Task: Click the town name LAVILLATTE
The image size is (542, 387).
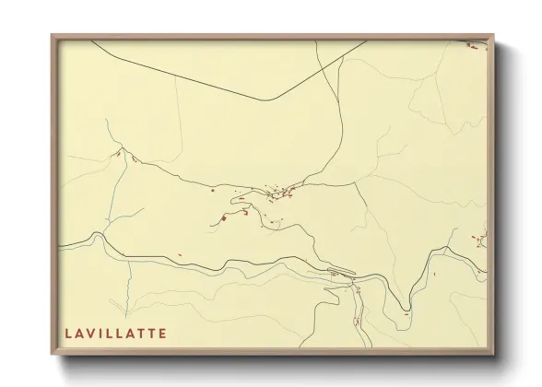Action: pyautogui.click(x=115, y=333)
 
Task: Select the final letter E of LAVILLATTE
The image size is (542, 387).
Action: pyautogui.click(x=164, y=333)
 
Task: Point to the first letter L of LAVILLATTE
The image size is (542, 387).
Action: pyautogui.click(x=68, y=333)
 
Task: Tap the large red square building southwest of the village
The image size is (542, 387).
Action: pyautogui.click(x=223, y=218)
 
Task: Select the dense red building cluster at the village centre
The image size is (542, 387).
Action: pyautogui.click(x=277, y=193)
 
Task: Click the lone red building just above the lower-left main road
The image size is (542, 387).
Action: pyautogui.click(x=180, y=253)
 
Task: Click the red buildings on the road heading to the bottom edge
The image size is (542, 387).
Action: pyautogui.click(x=358, y=320)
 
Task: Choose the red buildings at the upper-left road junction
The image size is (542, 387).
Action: pyautogui.click(x=118, y=154)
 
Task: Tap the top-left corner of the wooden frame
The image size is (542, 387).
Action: pyautogui.click(x=53, y=36)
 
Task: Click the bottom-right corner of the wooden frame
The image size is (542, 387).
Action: pyautogui.click(x=493, y=355)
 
